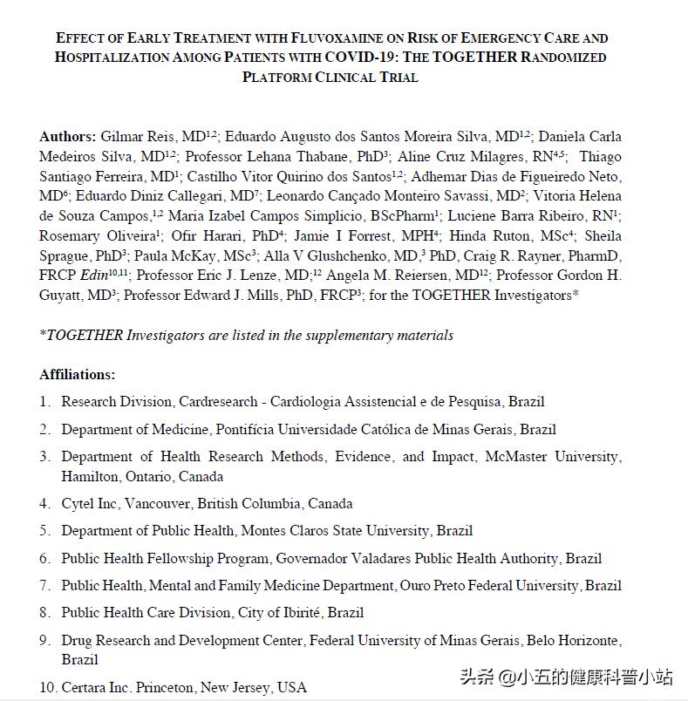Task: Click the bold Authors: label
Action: click(67, 137)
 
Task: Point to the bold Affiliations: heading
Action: click(77, 375)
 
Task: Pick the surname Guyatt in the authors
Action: click(58, 296)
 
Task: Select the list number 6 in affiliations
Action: click(44, 558)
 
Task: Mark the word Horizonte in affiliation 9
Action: click(589, 641)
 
